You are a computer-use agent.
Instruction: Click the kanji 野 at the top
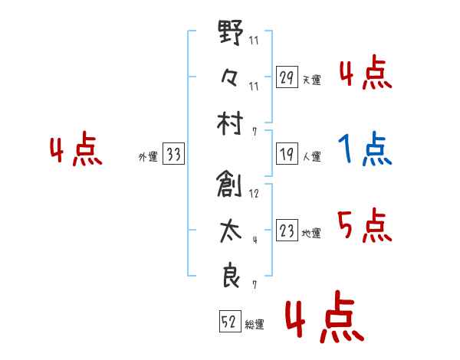coord(230,34)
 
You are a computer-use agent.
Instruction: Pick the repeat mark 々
coord(230,77)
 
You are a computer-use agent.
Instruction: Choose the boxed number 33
coord(173,155)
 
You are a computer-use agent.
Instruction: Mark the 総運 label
coord(255,325)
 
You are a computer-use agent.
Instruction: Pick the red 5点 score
coord(363,225)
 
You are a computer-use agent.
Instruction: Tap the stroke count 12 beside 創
coord(254,194)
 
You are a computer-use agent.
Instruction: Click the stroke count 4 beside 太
coord(254,240)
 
